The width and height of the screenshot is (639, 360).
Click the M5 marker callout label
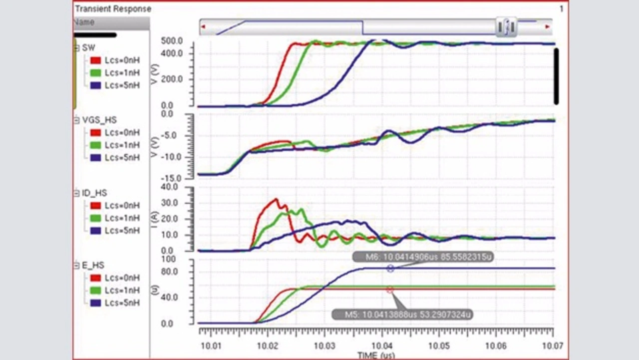pos(402,315)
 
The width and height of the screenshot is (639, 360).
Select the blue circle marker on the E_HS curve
pos(390,269)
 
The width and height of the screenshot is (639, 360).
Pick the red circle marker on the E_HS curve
pos(390,290)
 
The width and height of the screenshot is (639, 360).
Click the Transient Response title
pos(113,9)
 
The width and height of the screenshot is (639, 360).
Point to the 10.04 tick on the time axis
pos(383,345)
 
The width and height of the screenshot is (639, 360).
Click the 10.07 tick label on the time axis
pos(553,345)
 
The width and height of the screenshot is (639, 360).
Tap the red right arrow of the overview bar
pos(548,26)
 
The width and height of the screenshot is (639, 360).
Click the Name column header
pos(84,22)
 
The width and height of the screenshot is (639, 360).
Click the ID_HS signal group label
pos(94,193)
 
